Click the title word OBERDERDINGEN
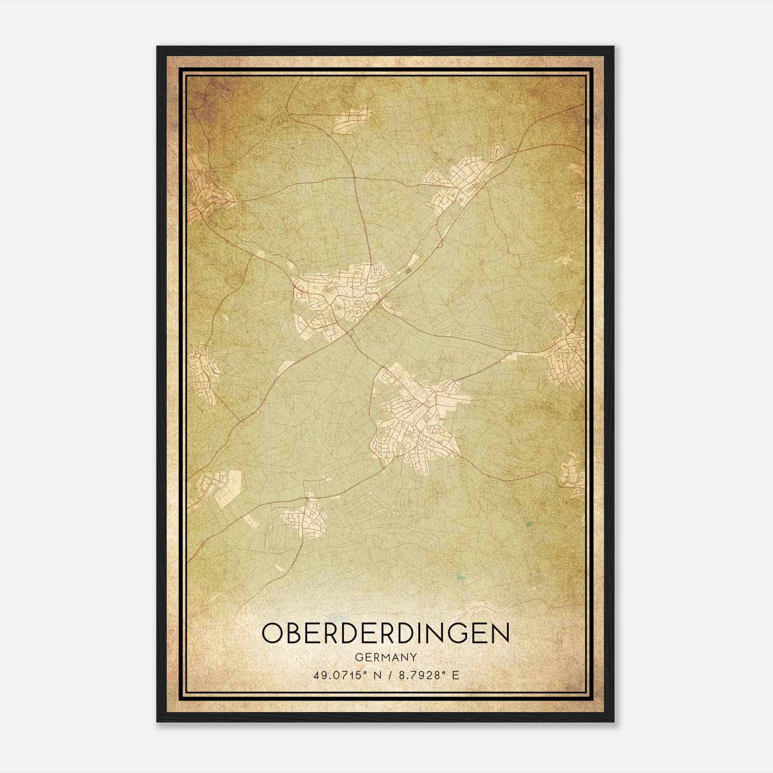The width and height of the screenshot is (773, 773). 386,634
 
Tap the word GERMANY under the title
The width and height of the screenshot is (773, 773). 386,658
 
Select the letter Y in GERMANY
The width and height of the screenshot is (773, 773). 414,658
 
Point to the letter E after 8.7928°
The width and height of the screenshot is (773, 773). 455,675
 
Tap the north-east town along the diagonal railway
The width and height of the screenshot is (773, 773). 461,181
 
